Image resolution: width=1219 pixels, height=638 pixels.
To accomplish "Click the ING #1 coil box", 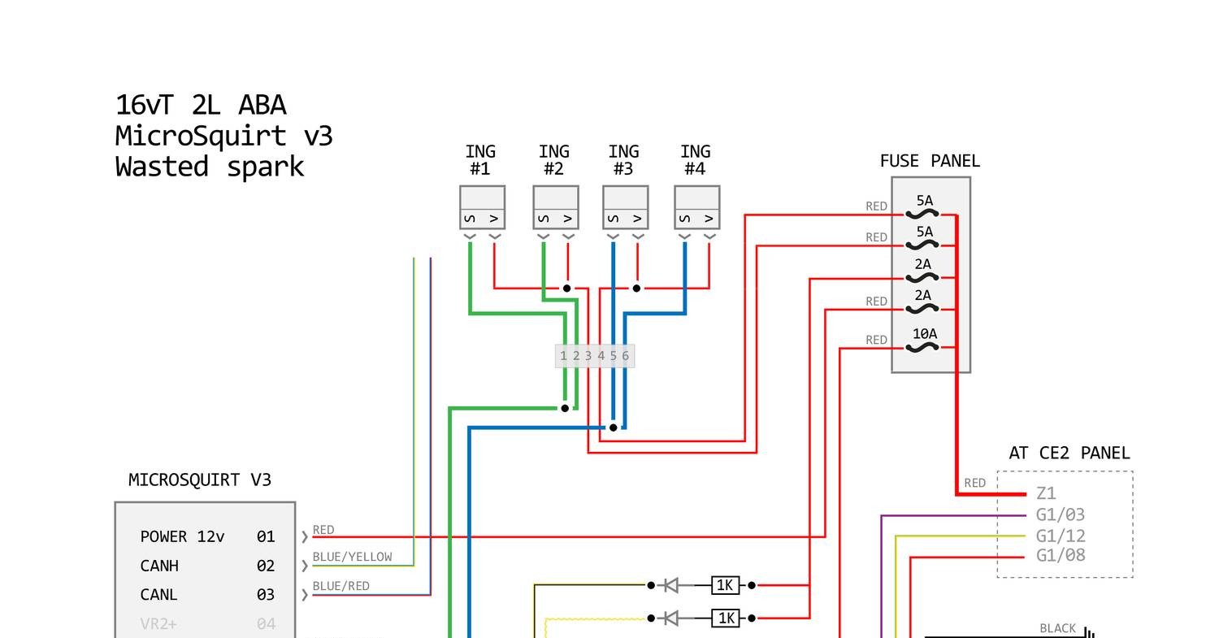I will (482, 207).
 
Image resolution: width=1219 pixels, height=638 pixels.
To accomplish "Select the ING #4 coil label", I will (696, 160).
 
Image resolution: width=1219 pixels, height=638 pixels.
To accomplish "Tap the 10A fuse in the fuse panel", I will (924, 341).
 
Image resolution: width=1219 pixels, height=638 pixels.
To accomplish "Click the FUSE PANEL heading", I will (930, 161).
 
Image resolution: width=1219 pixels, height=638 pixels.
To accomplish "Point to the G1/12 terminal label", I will (1061, 536).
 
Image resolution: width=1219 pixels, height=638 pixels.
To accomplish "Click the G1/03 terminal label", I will (1061, 514).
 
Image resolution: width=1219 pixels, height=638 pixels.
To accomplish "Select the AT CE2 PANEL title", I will (1069, 453).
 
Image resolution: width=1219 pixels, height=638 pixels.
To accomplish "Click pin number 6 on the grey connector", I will (625, 356).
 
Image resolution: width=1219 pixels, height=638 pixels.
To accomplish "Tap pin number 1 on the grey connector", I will (563, 356).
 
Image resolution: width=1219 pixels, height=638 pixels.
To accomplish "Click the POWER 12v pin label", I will (182, 536).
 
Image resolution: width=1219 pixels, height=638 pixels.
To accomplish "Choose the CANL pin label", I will (159, 594).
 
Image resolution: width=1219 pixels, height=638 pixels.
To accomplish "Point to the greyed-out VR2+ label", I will (158, 623).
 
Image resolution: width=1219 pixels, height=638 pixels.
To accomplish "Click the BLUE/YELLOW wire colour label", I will (352, 557).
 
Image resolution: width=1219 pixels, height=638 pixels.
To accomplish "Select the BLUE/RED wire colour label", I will (341, 586).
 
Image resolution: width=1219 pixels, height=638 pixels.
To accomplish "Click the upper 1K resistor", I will (725, 585).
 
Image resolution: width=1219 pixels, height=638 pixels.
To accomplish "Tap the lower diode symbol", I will (670, 618).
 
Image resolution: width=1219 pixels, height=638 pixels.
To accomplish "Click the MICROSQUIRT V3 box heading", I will (200, 480).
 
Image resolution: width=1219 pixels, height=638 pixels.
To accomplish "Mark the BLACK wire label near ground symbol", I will (1057, 628).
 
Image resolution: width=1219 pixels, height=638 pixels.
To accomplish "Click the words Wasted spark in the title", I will (210, 167).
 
